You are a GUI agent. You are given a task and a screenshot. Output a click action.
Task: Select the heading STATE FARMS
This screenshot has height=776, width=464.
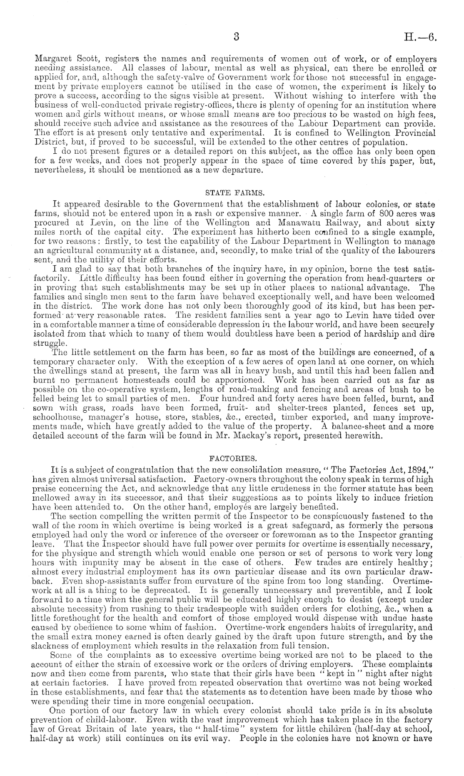[232, 193]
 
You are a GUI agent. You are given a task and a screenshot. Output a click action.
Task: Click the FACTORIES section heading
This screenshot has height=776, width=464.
[232, 459]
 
